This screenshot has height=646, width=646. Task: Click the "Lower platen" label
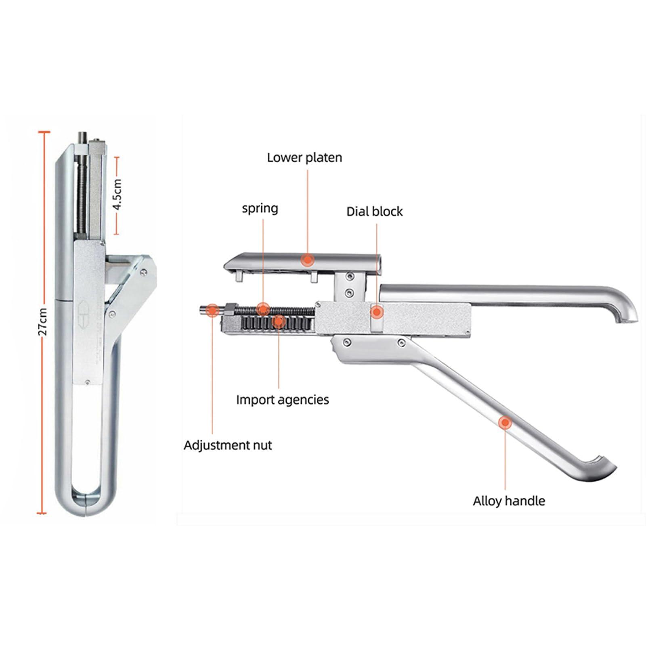304,157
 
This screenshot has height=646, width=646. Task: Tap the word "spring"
260,209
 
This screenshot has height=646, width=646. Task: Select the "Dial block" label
375,212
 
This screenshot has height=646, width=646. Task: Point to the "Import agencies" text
283,400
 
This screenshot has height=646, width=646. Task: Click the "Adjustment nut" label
228,445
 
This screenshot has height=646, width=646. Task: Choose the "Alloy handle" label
509,501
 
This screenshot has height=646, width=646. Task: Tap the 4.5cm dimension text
117,194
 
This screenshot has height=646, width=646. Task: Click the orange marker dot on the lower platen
308,260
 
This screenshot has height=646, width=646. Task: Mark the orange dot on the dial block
376,312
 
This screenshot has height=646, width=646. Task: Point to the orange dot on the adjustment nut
212,310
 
